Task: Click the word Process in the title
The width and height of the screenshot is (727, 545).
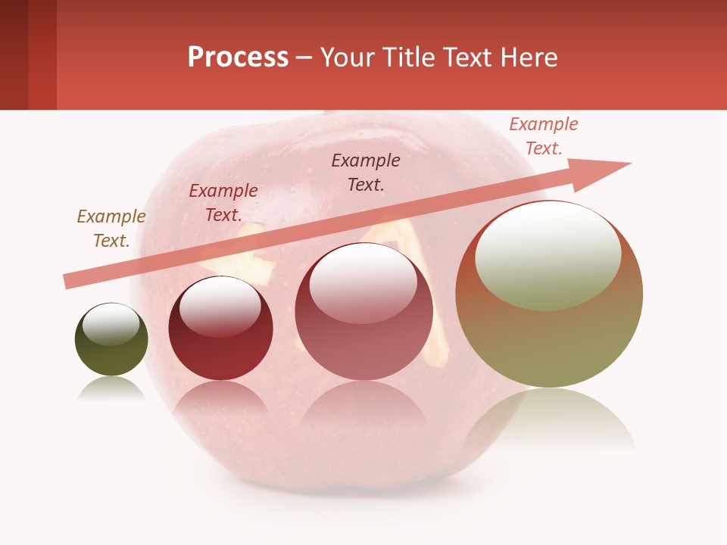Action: pos(238,58)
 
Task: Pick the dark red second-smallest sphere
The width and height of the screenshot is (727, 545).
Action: pos(220,333)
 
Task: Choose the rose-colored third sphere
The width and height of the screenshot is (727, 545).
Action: pos(363,318)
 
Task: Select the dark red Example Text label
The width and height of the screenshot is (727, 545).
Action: pos(223,203)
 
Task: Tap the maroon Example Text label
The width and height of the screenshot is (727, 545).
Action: pos(366,173)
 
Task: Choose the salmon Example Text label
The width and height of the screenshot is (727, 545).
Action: pos(544,136)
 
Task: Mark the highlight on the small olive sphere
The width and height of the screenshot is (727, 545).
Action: pos(111,324)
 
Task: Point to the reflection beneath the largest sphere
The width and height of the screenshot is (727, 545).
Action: pos(550,420)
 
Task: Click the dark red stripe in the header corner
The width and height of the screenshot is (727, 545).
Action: pos(14,54)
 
